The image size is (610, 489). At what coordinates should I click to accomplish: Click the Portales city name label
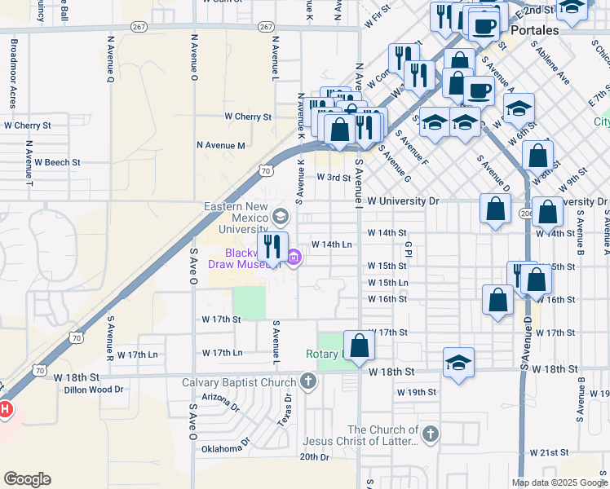(535, 30)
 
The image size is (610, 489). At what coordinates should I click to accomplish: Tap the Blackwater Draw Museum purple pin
(294, 259)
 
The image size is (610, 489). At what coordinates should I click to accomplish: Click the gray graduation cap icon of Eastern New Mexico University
(281, 216)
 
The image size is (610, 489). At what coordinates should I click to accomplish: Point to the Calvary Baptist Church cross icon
(307, 381)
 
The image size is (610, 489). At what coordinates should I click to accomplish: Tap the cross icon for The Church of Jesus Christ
(430, 434)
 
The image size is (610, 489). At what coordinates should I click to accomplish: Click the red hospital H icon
(4, 408)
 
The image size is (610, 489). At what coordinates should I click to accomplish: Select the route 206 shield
(525, 214)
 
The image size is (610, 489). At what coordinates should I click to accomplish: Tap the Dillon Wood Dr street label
(94, 390)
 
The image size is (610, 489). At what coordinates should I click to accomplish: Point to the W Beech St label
(57, 162)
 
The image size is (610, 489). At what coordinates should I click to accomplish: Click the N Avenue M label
(220, 145)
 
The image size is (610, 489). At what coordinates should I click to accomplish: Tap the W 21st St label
(548, 452)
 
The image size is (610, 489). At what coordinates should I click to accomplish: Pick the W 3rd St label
(333, 177)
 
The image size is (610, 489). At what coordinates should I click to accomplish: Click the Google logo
(28, 479)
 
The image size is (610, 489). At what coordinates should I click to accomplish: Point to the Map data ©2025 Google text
(559, 482)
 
